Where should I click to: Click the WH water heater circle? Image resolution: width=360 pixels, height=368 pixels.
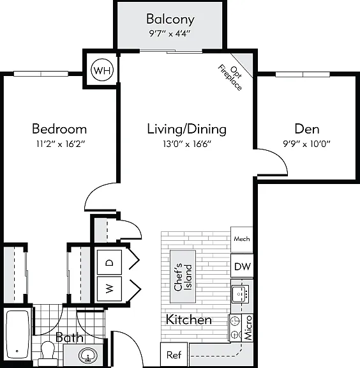(x=102, y=70)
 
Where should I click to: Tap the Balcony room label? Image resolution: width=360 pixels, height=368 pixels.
(x=170, y=19)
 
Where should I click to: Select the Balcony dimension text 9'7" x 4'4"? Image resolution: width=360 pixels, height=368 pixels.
(x=169, y=34)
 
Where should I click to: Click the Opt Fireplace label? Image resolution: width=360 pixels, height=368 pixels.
(x=230, y=77)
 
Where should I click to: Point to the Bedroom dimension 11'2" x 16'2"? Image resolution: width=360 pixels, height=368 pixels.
(x=60, y=144)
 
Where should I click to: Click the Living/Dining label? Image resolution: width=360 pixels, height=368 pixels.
(x=186, y=129)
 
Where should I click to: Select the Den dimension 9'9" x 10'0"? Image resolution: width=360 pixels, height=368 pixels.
(x=306, y=143)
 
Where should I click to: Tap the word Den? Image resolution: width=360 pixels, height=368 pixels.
(x=307, y=129)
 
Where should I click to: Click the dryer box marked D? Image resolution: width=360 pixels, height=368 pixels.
(x=110, y=262)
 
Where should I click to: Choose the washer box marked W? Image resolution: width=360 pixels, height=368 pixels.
(x=110, y=289)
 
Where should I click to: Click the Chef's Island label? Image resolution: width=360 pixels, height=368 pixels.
(x=183, y=277)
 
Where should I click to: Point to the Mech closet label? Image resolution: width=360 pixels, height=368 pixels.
(x=241, y=239)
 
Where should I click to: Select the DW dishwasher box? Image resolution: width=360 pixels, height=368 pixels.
(x=242, y=266)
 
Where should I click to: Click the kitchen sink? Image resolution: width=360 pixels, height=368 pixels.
(x=241, y=294)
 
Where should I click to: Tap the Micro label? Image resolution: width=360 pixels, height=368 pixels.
(x=248, y=328)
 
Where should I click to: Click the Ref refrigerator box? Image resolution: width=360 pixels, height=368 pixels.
(x=174, y=355)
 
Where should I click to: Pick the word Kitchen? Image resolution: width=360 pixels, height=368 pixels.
(x=188, y=319)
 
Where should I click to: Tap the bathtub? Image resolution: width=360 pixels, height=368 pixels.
(x=18, y=334)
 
